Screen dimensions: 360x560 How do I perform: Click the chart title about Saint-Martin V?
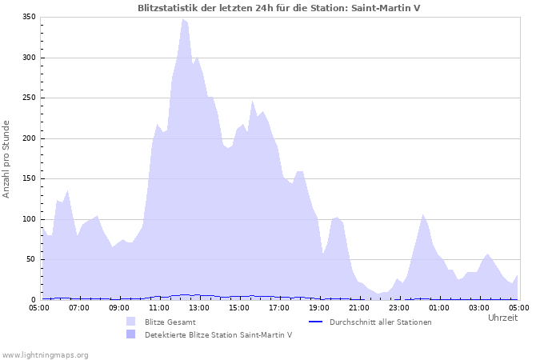(x=279, y=8)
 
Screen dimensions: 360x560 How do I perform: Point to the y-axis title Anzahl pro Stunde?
(x=7, y=158)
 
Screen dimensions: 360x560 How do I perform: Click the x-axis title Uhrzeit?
(x=502, y=318)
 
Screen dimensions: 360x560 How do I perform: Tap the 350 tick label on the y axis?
(x=28, y=17)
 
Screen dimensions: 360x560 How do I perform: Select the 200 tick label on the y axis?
(x=28, y=138)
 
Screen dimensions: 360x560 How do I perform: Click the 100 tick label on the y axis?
(x=28, y=219)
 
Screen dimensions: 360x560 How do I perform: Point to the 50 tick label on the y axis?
(x=30, y=260)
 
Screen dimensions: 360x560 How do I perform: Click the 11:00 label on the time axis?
(x=159, y=306)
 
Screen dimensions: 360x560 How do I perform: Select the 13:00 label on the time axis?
(x=199, y=306)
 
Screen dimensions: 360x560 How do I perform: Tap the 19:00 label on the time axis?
(x=319, y=306)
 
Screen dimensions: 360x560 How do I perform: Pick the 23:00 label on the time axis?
(x=399, y=306)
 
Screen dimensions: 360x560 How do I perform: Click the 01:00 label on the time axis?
(x=439, y=306)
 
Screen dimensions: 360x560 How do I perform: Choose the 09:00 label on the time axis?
(x=119, y=306)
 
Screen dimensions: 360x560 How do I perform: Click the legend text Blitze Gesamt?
(x=170, y=322)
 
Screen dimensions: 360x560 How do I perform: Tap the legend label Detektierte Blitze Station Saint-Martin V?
(x=218, y=335)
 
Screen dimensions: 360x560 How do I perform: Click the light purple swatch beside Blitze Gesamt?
(x=130, y=322)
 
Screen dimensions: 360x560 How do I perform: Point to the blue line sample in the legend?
(x=315, y=322)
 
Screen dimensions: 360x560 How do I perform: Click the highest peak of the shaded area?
(x=183, y=19)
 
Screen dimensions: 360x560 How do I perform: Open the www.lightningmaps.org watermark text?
(x=45, y=354)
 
